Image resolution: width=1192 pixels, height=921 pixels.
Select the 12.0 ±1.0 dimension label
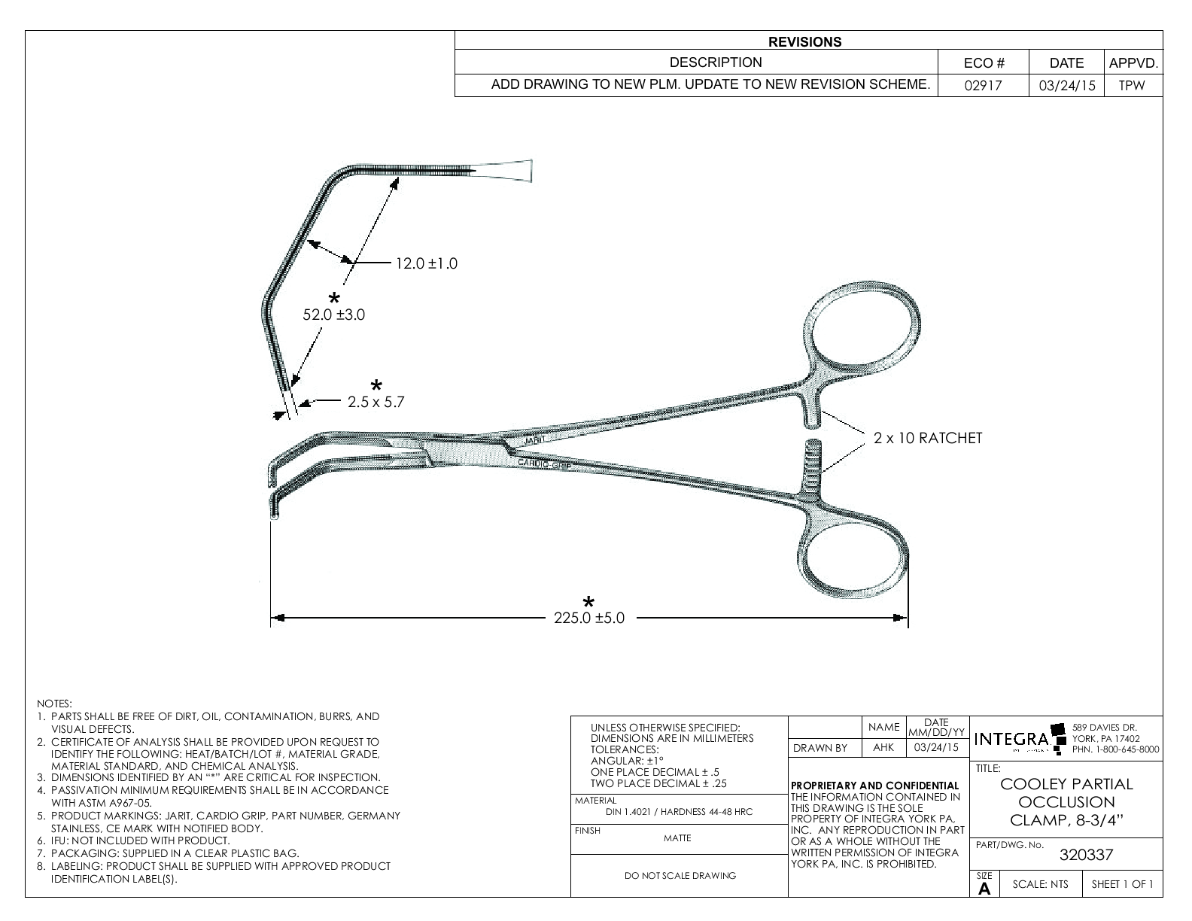(x=427, y=264)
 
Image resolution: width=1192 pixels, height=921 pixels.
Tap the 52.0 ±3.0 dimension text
(x=333, y=315)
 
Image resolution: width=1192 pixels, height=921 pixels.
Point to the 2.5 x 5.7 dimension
(x=376, y=403)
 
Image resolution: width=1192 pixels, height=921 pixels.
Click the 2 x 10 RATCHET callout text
(x=928, y=438)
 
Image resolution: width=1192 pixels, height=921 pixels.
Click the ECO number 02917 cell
(x=983, y=86)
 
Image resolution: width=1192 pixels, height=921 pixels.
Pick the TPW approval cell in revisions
(x=1131, y=86)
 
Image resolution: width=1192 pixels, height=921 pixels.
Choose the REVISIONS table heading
(x=804, y=42)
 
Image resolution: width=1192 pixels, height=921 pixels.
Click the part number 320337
(x=1085, y=855)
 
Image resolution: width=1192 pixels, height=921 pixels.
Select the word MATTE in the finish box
(x=677, y=838)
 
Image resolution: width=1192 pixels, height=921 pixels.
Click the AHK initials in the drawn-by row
(x=883, y=748)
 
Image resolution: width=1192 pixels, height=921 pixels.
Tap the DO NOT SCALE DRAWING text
(x=680, y=876)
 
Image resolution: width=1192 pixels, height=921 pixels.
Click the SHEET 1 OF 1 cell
(x=1122, y=885)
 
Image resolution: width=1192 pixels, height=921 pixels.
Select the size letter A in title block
(x=984, y=889)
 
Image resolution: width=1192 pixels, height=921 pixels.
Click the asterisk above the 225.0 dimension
(x=588, y=602)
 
